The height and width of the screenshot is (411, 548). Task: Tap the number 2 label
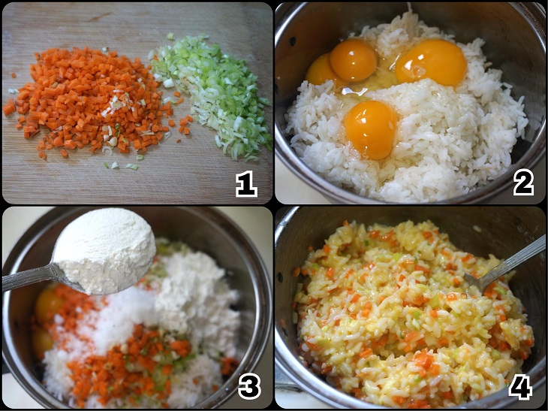[522, 181]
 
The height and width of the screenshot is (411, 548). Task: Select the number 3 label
[248, 385]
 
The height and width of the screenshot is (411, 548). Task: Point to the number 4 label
[520, 385]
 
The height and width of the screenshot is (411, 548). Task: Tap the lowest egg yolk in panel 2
[371, 128]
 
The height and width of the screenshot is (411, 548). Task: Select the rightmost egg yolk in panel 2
[432, 62]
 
